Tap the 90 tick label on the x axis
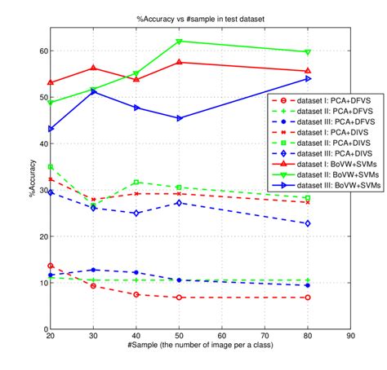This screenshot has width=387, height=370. (350, 336)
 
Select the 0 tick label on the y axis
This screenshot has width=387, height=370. (44, 329)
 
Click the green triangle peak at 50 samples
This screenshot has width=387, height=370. (179, 41)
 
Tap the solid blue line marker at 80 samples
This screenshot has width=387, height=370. (307, 78)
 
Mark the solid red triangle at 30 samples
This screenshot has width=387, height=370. (93, 68)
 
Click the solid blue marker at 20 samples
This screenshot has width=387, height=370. (51, 129)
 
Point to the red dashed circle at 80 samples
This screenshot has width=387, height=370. (307, 297)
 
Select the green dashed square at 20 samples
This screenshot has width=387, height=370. (51, 166)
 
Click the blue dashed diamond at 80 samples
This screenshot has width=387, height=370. (307, 223)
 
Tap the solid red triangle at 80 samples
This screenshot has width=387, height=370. (307, 71)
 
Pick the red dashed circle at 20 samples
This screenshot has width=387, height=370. (51, 266)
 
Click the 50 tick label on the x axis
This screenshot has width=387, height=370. (179, 336)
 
